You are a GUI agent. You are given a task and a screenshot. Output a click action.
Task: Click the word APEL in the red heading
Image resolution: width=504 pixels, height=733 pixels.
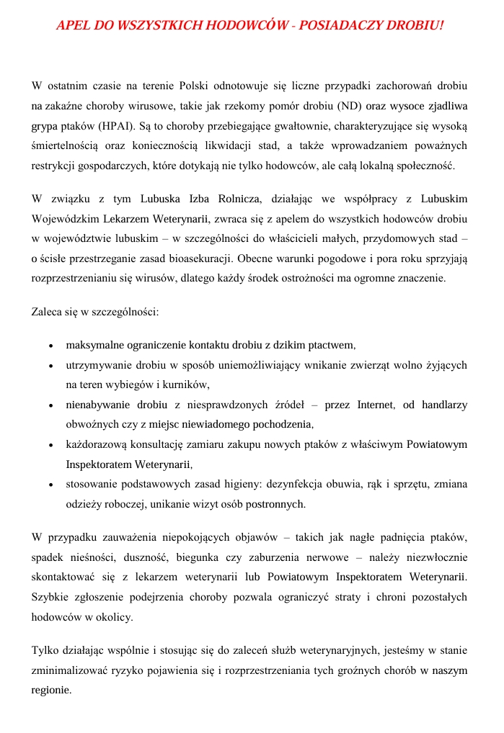click(x=73, y=26)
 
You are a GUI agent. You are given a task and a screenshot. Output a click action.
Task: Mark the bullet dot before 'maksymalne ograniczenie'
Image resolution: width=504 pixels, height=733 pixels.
click(x=50, y=346)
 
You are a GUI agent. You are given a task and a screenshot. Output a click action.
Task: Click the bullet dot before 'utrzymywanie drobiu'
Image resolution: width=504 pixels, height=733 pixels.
click(x=50, y=366)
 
